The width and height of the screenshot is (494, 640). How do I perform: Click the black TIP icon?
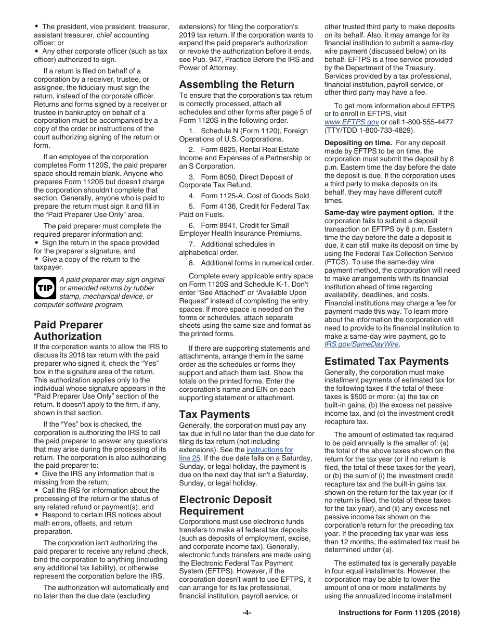pyautogui.click(x=45, y=288)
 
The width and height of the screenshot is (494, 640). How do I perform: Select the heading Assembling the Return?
pyautogui.click(x=237, y=84)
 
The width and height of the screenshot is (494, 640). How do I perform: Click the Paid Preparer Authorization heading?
pyautogui.click(x=68, y=330)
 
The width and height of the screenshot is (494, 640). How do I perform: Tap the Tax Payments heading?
pyautogui.click(x=214, y=414)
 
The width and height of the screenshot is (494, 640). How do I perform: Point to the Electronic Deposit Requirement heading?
pyautogui.click(x=225, y=505)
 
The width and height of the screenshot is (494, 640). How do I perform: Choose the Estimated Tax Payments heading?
pyautogui.click(x=386, y=361)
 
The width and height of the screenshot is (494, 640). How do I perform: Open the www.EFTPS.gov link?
pyautogui.click(x=352, y=122)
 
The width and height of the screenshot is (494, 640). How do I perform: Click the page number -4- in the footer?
pyautogui.click(x=247, y=612)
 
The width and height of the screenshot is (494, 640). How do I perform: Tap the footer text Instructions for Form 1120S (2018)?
pyautogui.click(x=399, y=612)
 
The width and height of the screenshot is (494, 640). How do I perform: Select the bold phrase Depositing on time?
pyautogui.click(x=358, y=143)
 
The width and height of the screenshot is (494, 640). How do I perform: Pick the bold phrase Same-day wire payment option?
pyautogui.click(x=379, y=212)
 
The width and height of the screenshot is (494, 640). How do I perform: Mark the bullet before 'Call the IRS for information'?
pyautogui.click(x=36, y=490)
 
